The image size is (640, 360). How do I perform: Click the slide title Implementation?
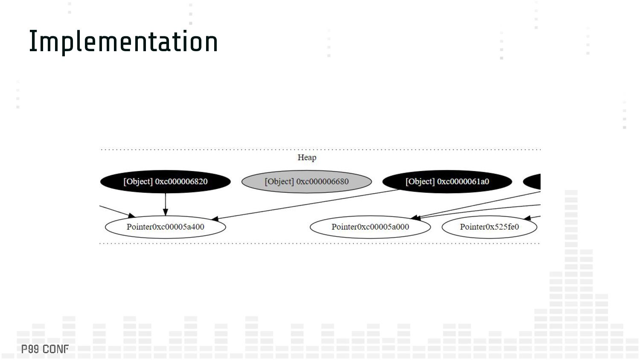pyautogui.click(x=123, y=41)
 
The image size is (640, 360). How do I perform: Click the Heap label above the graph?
pyautogui.click(x=307, y=157)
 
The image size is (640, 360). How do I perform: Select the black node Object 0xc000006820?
pyautogui.click(x=166, y=182)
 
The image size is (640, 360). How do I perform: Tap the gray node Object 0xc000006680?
pyautogui.click(x=306, y=182)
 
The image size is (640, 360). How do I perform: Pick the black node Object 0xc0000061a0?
pyautogui.click(x=447, y=182)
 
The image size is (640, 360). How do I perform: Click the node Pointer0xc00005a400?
pyautogui.click(x=166, y=227)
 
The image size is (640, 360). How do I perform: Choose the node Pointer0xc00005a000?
pyautogui.click(x=370, y=227)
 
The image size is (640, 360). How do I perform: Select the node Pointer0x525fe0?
pyautogui.click(x=489, y=227)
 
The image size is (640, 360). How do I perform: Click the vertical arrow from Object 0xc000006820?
pyautogui.click(x=166, y=203)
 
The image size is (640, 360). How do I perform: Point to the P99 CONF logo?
pyautogui.click(x=45, y=349)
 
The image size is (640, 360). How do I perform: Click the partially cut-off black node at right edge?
pyautogui.click(x=533, y=182)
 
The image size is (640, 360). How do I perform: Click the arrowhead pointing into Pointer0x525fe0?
pyautogui.click(x=527, y=218)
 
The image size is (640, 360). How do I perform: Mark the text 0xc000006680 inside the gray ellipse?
pyautogui.click(x=323, y=182)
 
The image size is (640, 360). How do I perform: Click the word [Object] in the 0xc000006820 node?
pyautogui.click(x=138, y=182)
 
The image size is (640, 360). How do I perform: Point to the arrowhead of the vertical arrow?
pyautogui.click(x=166, y=212)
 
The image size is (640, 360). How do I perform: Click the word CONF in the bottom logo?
pyautogui.click(x=55, y=349)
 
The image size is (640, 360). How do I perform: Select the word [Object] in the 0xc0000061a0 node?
pyautogui.click(x=420, y=182)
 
